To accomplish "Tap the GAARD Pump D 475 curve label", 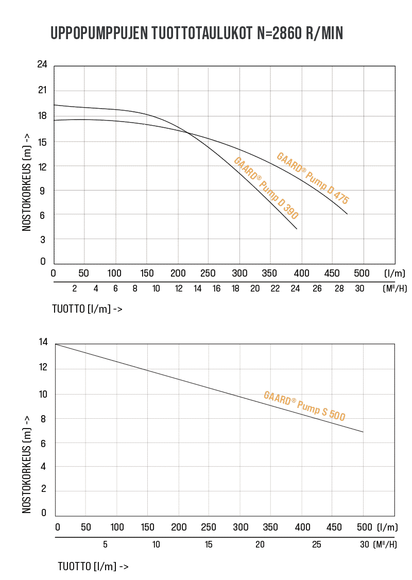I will (x=313, y=178).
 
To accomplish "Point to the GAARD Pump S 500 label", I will (x=304, y=406).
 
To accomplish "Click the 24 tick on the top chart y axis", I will (x=42, y=65).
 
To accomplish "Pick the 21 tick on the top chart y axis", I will (x=42, y=91).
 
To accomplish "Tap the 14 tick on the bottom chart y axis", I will (x=43, y=342).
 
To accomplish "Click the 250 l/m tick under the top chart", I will (x=208, y=273).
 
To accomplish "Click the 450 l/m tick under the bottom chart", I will (x=334, y=527).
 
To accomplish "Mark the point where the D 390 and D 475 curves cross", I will (x=187, y=133).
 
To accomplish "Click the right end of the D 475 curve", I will (x=348, y=214).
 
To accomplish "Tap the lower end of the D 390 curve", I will (x=297, y=229).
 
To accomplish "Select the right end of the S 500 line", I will (x=363, y=432).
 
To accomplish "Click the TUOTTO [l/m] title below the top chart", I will (x=87, y=309).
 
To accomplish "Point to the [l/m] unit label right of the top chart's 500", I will (x=394, y=273).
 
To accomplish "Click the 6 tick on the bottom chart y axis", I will (x=44, y=442).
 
